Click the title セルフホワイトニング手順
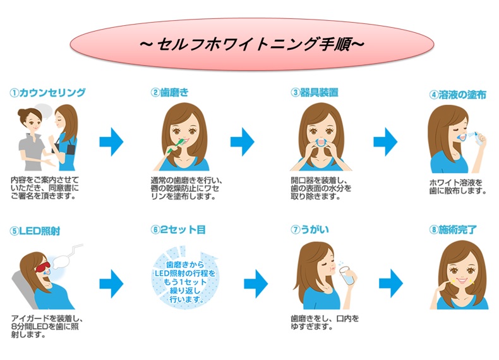(x=250, y=45)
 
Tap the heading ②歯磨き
(x=170, y=92)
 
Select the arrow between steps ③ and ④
(x=385, y=143)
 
